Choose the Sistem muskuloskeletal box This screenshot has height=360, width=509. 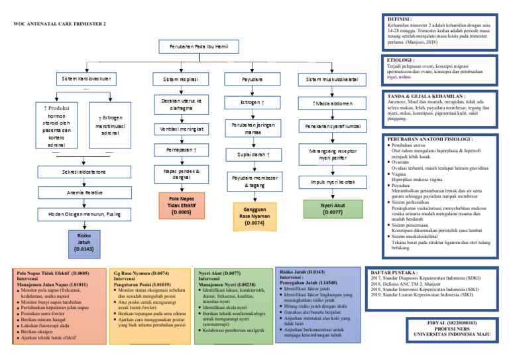pyautogui.click(x=333, y=79)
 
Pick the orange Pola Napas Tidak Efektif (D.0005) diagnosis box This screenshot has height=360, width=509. pyautogui.click(x=180, y=205)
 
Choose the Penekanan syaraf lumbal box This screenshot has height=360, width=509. pyautogui.click(x=333, y=125)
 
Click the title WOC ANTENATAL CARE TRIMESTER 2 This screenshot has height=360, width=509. pyautogui.click(x=60, y=24)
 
